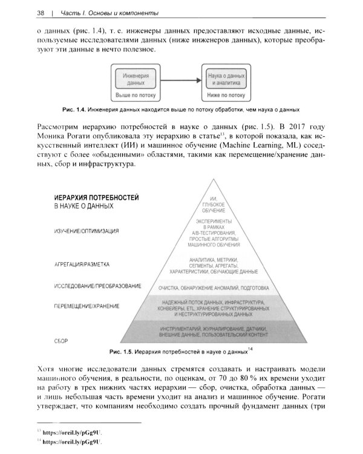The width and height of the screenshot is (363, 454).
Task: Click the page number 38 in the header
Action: point(25,13)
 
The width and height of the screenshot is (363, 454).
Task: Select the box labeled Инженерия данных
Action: point(136,81)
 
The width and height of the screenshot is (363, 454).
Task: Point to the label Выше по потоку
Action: point(136,95)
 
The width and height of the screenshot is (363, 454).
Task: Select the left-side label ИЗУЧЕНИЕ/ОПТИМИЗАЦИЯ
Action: point(87,231)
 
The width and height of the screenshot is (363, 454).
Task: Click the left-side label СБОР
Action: point(60,341)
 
